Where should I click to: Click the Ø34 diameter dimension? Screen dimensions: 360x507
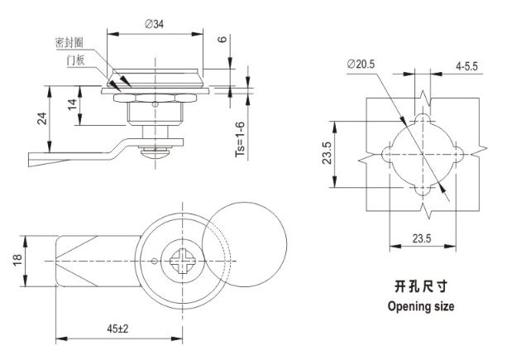pos(154,24)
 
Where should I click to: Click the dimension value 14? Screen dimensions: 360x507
pos(74,105)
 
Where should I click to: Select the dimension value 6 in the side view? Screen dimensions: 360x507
pos(222,41)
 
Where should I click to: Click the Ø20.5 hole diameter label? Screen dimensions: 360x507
pos(363,64)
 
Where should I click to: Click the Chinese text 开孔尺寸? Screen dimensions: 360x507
pos(422,287)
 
